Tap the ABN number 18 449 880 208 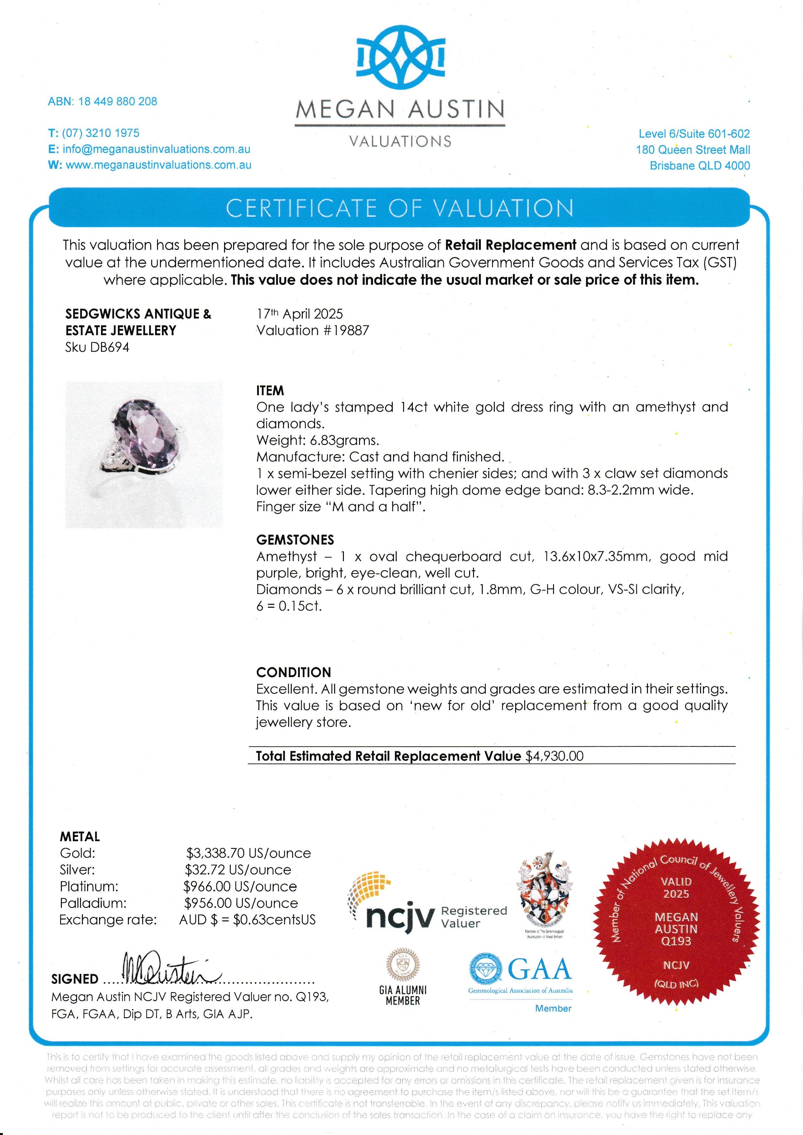(x=117, y=101)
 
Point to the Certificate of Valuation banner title (x=400, y=208)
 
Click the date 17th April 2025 (x=299, y=314)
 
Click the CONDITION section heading (x=293, y=672)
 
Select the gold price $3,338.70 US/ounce (x=248, y=853)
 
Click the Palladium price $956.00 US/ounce (x=241, y=903)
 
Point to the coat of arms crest (x=544, y=892)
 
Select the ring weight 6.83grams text (x=317, y=440)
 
